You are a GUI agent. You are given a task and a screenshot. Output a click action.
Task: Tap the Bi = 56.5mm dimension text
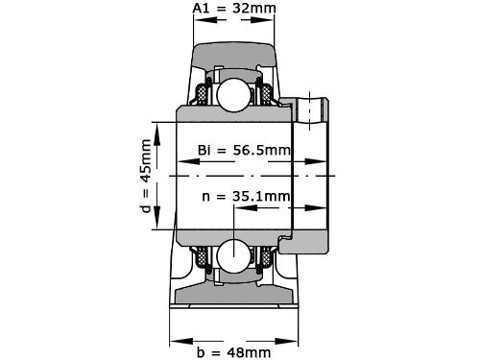pyautogui.click(x=244, y=150)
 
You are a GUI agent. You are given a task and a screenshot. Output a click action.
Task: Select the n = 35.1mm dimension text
pyautogui.click(x=246, y=197)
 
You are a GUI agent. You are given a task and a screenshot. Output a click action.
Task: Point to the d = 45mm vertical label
pyautogui.click(x=146, y=179)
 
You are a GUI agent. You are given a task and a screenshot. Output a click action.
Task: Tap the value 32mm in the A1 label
pyautogui.click(x=252, y=11)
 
